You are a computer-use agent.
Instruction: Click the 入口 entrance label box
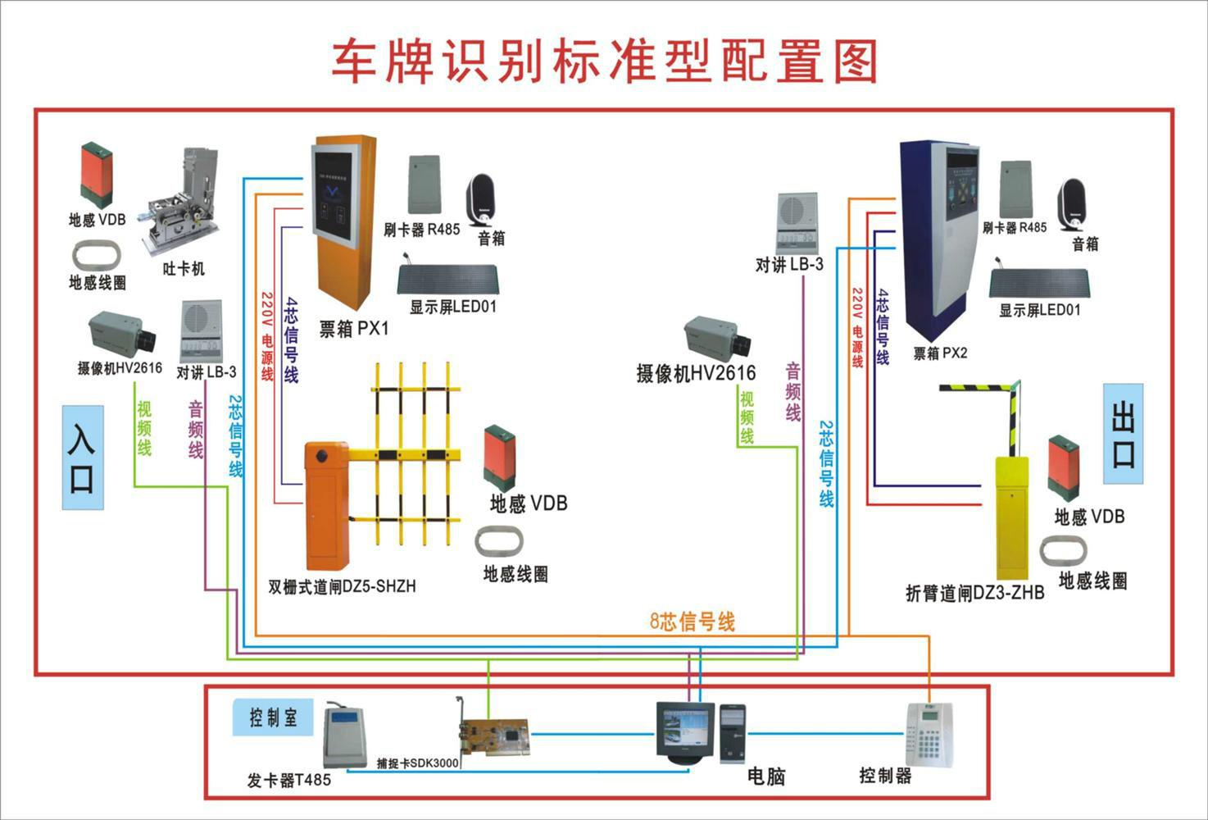coord(83,457)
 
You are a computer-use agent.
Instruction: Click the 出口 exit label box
coord(1123,434)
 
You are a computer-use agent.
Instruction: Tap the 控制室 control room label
coord(273,718)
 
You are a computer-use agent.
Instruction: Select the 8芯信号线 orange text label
coord(693,622)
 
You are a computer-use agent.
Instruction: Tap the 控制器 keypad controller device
coord(931,735)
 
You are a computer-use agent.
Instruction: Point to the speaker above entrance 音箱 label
coord(483,200)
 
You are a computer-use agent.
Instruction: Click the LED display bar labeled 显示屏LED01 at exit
coord(1039,284)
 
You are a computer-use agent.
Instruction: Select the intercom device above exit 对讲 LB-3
coord(797,223)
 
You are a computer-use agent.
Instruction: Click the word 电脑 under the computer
coord(766,775)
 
